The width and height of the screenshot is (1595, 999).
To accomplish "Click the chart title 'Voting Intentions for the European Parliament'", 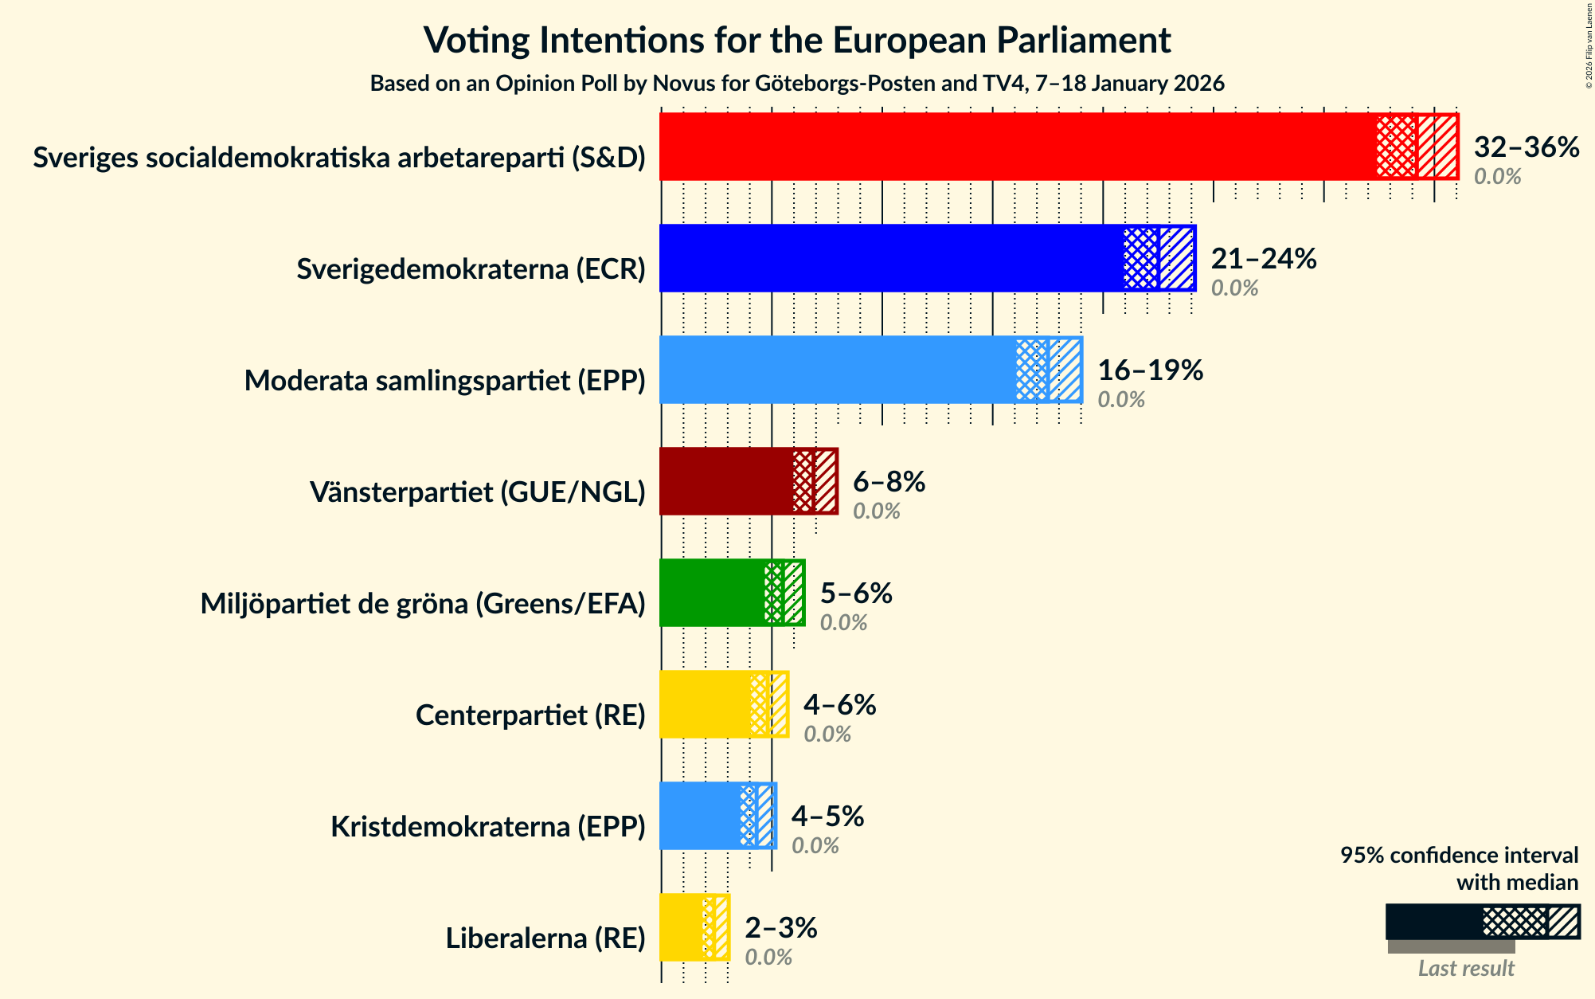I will point(797,40).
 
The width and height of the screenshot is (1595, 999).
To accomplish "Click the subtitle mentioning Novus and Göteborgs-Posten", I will point(797,84).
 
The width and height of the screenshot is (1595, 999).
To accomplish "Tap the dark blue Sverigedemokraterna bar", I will point(892,258).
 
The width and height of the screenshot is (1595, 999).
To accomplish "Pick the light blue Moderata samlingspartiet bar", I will point(836,370).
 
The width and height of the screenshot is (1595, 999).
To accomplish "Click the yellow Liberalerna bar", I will point(681,927).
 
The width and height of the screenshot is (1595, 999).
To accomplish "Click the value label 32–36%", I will point(1526,147).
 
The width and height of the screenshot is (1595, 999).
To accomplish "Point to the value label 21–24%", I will point(1264,259).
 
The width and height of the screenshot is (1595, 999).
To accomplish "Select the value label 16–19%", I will point(1150,370).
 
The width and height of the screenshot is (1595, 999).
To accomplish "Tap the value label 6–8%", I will point(889,482).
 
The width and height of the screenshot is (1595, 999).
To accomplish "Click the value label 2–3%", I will point(780,928).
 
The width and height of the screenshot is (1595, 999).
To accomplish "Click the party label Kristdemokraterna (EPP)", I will point(487,827).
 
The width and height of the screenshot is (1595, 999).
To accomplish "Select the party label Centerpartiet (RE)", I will point(530,715).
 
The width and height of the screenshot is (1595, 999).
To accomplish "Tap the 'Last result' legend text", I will point(1466,969).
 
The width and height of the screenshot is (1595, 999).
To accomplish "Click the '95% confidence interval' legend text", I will point(1459,856).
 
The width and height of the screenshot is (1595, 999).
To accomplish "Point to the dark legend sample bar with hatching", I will point(1483,922).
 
